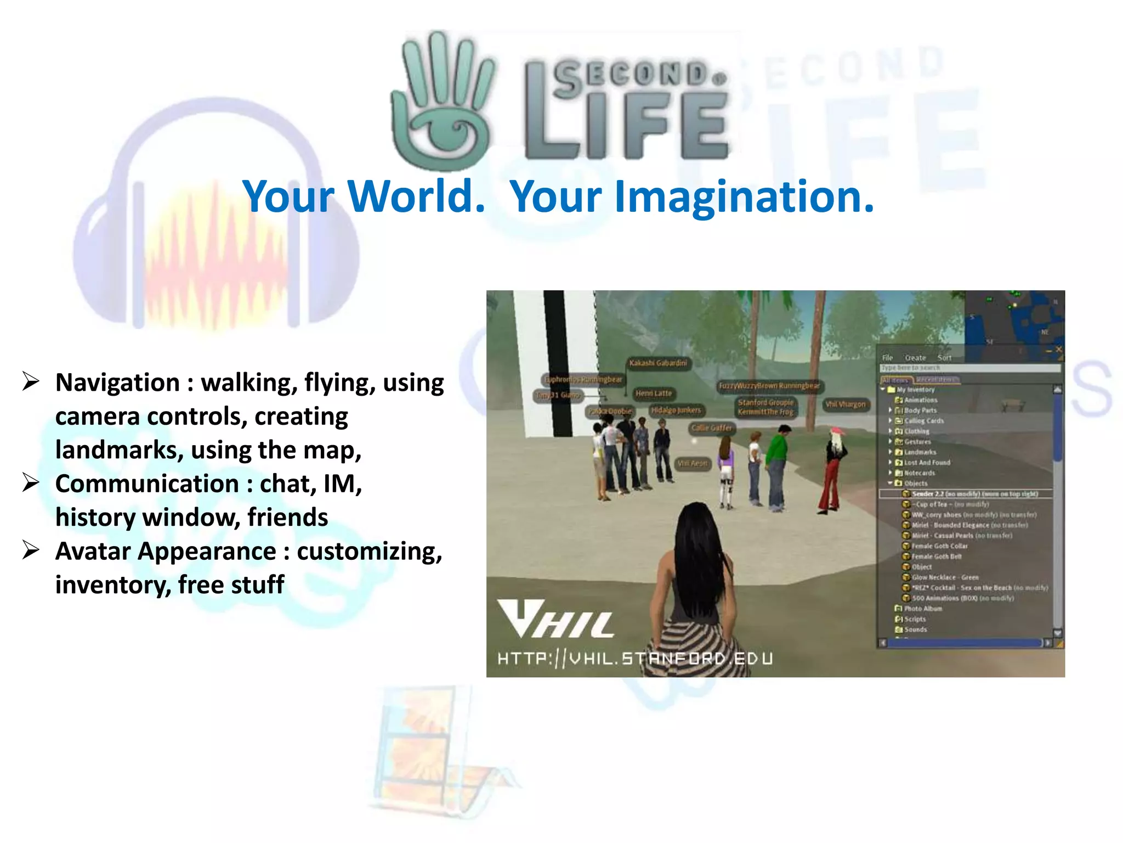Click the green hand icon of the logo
pos(441,102)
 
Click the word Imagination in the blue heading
pos(692,196)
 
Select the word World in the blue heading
pos(417,196)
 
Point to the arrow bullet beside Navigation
pos(31,381)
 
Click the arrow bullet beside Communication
pos(31,483)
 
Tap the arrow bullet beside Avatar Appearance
pos(31,550)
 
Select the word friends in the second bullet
pos(287,518)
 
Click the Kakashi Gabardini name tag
pos(657,363)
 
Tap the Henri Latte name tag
pos(653,394)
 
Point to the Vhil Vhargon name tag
pos(845,404)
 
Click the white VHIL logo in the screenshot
pos(555,620)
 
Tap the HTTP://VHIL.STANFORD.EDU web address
pos(635,658)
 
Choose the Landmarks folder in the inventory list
pos(920,452)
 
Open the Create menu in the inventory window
pos(915,358)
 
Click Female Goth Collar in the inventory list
pos(939,546)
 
